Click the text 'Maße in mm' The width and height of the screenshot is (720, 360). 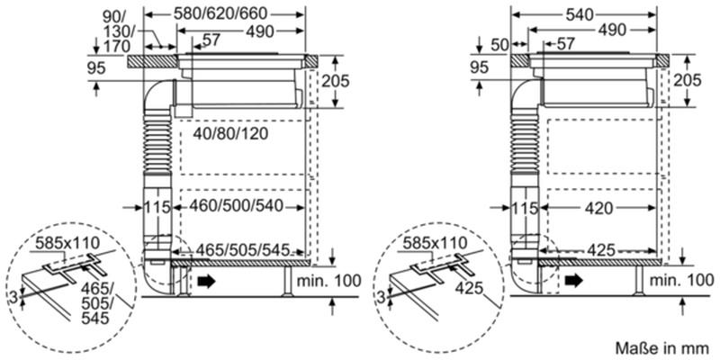click(663, 346)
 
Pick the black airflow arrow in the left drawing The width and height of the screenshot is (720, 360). click(208, 282)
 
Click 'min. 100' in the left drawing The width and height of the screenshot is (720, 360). click(329, 282)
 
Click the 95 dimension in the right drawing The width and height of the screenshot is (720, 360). click(480, 67)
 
